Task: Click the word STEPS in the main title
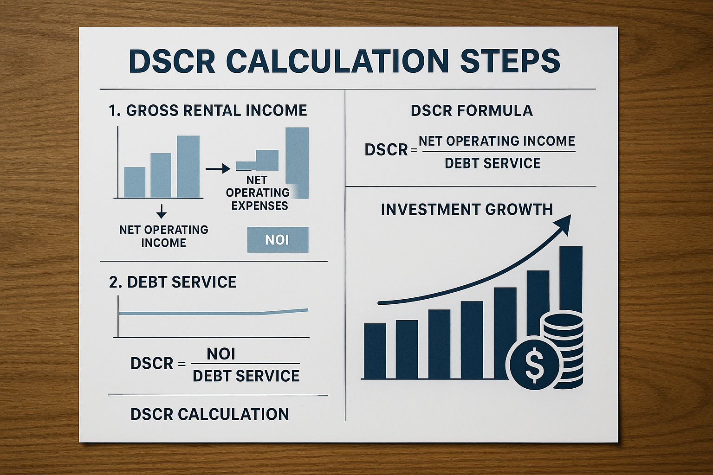(x=510, y=61)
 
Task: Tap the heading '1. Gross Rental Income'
(x=208, y=110)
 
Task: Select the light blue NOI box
(x=278, y=239)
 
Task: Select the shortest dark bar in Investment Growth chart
(x=375, y=351)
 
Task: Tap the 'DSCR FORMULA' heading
(x=472, y=111)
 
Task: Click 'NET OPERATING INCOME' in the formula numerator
(x=497, y=141)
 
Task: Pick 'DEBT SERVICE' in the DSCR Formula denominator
(x=493, y=163)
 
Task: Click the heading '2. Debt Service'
(x=173, y=282)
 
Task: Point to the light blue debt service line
(x=213, y=313)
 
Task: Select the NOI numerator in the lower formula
(x=221, y=354)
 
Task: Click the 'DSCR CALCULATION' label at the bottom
(x=210, y=414)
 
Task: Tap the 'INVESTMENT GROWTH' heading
(x=467, y=209)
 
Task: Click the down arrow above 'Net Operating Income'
(x=162, y=212)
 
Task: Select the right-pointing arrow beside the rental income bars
(x=218, y=169)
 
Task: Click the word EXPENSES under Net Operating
(x=260, y=206)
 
